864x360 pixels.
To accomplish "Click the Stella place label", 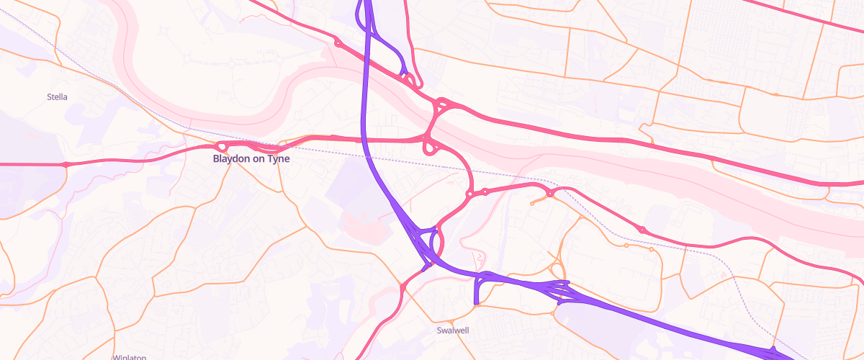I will [57, 96].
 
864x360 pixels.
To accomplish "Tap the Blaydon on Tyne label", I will [251, 159].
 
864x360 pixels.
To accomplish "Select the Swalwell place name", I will [453, 331].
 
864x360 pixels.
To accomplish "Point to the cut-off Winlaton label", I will [130, 356].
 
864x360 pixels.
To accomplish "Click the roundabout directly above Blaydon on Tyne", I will [222, 146].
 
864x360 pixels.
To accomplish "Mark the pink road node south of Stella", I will [66, 165].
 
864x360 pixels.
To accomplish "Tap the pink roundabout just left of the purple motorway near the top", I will [338, 42].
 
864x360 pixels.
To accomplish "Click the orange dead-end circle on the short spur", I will [532, 204].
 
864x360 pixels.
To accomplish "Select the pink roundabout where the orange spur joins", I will [550, 193].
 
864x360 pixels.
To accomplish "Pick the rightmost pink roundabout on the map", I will [642, 229].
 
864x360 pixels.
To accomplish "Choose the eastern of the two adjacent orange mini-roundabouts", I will [651, 250].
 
